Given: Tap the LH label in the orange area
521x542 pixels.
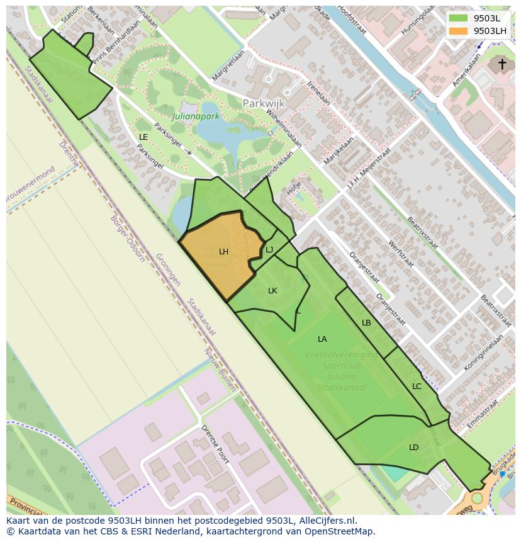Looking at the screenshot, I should pos(223,252).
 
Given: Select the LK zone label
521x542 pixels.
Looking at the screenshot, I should pos(272,291).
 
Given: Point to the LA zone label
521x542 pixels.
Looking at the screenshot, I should pos(322,339).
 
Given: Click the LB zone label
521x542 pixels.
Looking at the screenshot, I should pos(366,323).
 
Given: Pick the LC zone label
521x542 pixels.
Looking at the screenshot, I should pos(417,387).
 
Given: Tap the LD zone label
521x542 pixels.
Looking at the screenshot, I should pos(413,448).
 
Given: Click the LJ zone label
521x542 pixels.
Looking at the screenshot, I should pos(269,250).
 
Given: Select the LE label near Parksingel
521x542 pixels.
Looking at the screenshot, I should pos(143,137).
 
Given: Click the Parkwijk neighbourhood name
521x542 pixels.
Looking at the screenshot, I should pos(264,103).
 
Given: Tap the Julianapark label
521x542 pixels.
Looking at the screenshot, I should pos(196,116).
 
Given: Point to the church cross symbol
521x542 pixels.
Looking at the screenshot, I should pos(502,64).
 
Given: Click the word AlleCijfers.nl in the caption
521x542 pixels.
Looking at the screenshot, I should pos(327,521).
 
